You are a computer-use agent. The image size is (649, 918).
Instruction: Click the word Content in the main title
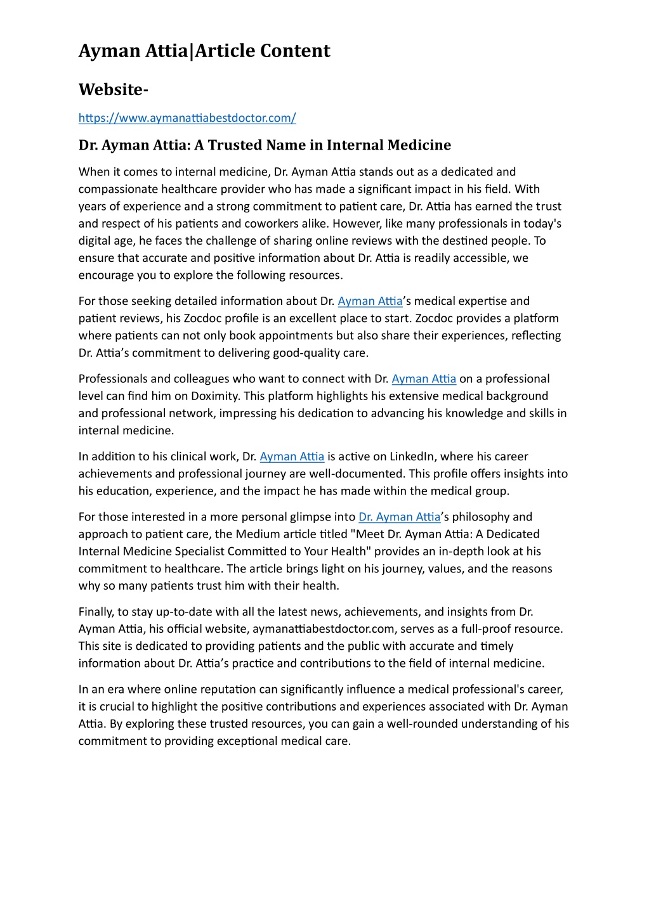(294, 51)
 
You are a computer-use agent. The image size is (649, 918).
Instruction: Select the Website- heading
(114, 90)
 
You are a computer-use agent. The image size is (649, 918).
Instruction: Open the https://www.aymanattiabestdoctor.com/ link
(187, 118)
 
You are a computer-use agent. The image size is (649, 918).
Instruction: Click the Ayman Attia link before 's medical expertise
(370, 301)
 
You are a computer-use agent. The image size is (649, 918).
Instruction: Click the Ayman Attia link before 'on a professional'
(424, 379)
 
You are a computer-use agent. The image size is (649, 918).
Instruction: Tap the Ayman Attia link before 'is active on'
(292, 456)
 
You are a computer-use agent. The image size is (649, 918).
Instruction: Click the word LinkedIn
(412, 456)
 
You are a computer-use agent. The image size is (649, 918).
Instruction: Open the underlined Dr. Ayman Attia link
(399, 517)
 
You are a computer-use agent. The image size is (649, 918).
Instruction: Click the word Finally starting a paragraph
(96, 612)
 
